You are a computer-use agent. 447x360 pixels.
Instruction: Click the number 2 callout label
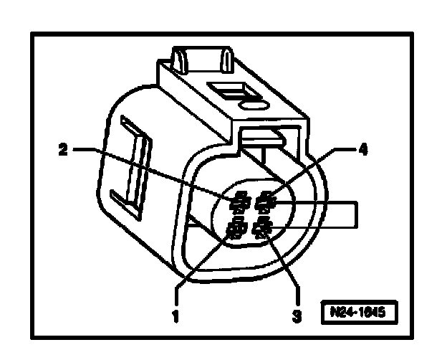(x=63, y=150)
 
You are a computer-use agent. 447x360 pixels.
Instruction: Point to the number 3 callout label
(x=296, y=313)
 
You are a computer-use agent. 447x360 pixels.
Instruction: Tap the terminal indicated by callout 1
(x=234, y=230)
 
